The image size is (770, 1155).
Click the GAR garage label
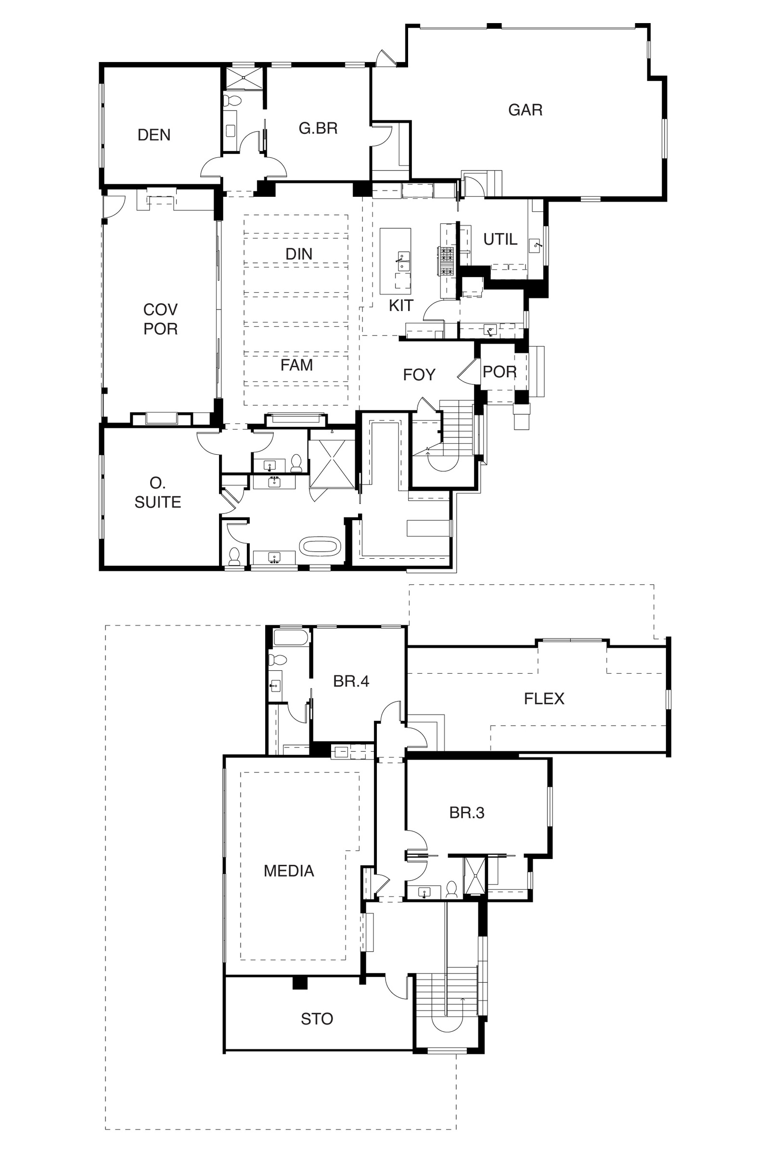[x=525, y=110]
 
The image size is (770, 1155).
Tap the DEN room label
[x=154, y=135]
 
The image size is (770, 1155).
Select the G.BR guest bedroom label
[x=318, y=128]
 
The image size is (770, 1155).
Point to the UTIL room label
[x=500, y=239]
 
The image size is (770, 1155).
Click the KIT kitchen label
[x=401, y=306]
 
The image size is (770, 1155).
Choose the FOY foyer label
[x=419, y=375]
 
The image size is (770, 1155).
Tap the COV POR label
[x=160, y=319]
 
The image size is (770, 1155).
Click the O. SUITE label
[x=158, y=492]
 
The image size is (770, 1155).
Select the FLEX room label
[x=544, y=698]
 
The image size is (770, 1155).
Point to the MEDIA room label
[x=289, y=871]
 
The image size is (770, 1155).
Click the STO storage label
[x=317, y=1019]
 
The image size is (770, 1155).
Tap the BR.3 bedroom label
[x=466, y=813]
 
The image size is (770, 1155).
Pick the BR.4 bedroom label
[x=351, y=681]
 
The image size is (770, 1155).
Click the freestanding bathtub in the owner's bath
[x=320, y=547]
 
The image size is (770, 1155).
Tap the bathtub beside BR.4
[x=291, y=638]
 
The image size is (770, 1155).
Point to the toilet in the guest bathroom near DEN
[x=232, y=101]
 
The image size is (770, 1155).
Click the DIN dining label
[x=299, y=254]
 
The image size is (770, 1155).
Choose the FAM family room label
[x=296, y=365]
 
